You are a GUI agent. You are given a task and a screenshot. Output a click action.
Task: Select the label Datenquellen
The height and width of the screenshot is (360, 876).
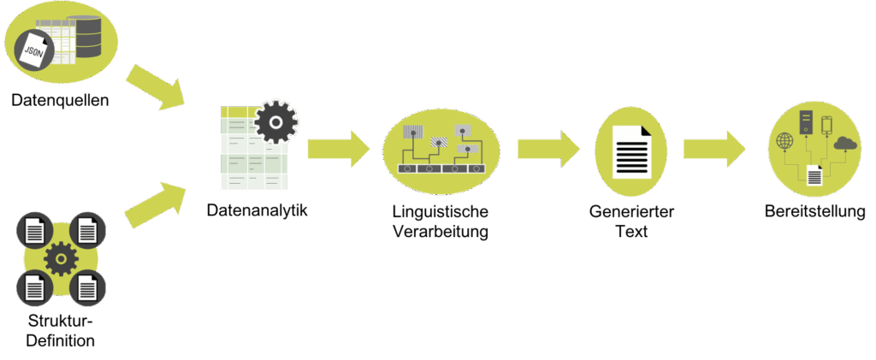60,100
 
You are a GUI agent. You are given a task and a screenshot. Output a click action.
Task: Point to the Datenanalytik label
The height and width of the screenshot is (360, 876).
257,209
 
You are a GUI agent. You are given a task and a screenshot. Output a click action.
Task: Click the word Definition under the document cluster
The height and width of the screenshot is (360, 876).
60,341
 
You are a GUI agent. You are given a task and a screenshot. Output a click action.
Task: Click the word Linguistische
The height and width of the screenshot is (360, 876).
440,212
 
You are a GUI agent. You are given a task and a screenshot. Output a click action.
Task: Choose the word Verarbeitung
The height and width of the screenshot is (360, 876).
440,231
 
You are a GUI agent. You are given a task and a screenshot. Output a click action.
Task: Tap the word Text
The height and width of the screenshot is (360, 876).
631,231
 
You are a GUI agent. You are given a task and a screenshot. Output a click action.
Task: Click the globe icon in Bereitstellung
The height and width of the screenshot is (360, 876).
784,143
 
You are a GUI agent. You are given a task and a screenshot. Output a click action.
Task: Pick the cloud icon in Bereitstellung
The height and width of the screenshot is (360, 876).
844,144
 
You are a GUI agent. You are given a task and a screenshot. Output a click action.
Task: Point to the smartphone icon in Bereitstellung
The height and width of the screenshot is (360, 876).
826,125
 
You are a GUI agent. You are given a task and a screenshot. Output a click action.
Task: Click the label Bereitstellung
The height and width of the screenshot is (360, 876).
814,211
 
